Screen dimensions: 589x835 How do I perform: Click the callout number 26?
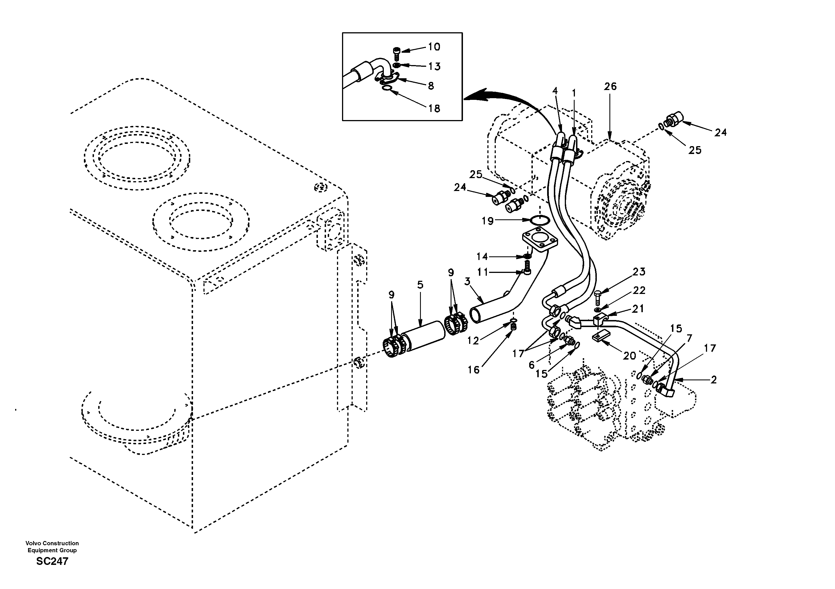click(610, 87)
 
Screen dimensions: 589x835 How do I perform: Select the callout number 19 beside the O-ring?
click(488, 221)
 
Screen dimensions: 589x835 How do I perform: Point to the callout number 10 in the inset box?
click(434, 47)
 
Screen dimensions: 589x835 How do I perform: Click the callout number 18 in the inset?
click(434, 108)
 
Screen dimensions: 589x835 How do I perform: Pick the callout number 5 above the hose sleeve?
click(420, 285)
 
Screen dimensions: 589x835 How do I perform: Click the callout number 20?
click(630, 356)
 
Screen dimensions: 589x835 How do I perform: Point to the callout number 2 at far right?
click(714, 380)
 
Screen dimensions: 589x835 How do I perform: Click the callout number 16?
click(474, 370)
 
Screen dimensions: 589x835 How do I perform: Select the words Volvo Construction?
click(52, 544)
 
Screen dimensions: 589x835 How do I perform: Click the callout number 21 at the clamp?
click(638, 309)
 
